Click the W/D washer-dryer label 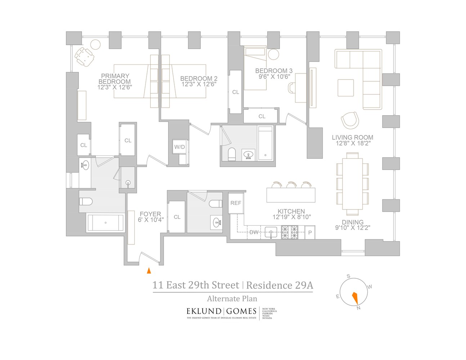[179, 147]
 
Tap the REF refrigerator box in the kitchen [236, 203]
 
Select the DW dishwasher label [254, 232]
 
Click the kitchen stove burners [290, 232]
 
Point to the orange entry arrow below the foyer [149, 271]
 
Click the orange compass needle [355, 298]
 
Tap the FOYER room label [150, 214]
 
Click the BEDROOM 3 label [274, 71]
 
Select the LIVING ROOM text [352, 138]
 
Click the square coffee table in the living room [346, 88]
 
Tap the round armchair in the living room [350, 120]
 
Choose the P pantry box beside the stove [310, 233]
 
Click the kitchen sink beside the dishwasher [271, 232]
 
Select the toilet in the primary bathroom [86, 201]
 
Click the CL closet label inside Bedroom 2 [236, 92]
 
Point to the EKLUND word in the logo [204, 311]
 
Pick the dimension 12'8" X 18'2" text [353, 143]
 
